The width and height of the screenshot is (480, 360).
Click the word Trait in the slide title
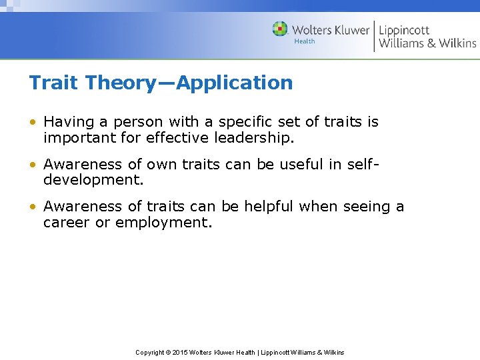51,83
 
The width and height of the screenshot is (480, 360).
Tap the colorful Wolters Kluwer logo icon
280,29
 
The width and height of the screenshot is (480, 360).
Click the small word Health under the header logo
304,41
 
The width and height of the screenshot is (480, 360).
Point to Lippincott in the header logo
404,30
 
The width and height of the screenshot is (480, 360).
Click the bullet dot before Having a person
33,122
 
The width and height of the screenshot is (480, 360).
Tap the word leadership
255,137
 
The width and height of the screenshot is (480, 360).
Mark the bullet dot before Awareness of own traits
33,165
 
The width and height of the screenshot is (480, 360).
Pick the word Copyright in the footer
150,352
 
